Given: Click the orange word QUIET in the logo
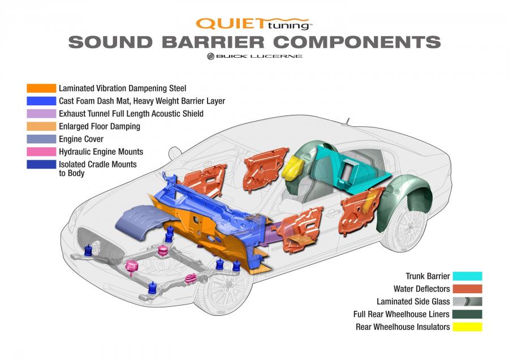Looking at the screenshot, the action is click(230, 24).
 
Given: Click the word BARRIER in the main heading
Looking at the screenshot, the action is click(213, 42).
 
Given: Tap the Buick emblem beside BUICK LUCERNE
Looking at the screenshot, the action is click(211, 56).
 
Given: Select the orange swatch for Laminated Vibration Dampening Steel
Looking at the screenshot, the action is click(41, 88).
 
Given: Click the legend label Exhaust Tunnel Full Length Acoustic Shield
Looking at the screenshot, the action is click(131, 114).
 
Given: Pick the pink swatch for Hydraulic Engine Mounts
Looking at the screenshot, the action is click(41, 152).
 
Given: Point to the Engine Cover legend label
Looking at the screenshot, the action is click(81, 139).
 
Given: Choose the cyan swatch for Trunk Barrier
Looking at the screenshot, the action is click(468, 276).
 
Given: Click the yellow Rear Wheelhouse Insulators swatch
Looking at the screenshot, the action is click(468, 327).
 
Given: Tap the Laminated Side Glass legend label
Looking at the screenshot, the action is click(413, 302).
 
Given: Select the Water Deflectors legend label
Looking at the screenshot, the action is click(422, 289).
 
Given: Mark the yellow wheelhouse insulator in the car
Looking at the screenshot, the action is click(292, 166).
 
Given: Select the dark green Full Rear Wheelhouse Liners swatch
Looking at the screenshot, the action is click(468, 314).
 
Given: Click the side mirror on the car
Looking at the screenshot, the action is click(175, 152).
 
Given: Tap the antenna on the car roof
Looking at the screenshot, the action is click(346, 122).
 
